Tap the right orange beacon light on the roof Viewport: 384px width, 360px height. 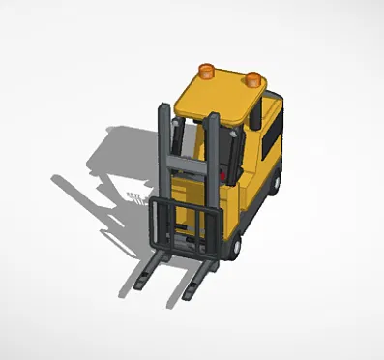253,76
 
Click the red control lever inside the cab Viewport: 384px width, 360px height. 224,175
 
